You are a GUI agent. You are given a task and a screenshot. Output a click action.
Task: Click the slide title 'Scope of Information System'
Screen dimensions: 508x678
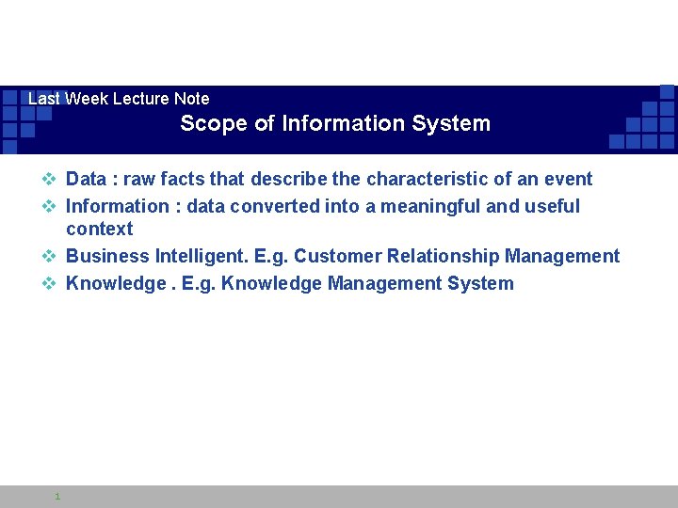coord(335,123)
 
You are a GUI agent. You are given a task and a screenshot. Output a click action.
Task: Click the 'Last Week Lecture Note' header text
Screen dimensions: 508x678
coord(119,99)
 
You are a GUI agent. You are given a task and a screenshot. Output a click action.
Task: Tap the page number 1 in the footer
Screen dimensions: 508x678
coord(57,496)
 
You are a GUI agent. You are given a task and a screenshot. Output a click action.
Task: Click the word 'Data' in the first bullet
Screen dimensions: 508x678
coord(87,179)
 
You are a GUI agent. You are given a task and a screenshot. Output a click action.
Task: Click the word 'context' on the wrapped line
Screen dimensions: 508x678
coord(100,229)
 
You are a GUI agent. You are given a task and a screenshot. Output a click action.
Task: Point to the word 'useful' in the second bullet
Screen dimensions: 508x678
coord(551,206)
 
